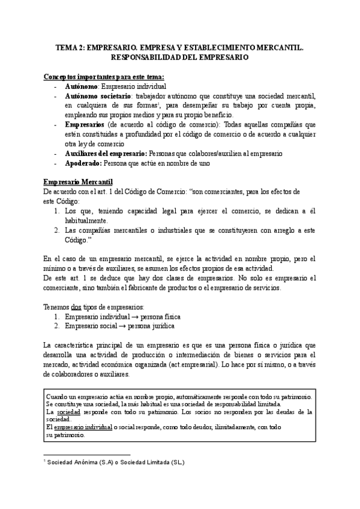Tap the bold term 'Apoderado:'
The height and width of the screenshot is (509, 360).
[x=83, y=163]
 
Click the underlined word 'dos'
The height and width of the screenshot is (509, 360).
[x=76, y=307]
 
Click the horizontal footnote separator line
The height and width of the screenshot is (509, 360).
[x=88, y=455]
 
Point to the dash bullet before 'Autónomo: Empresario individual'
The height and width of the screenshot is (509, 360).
[x=55, y=86]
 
